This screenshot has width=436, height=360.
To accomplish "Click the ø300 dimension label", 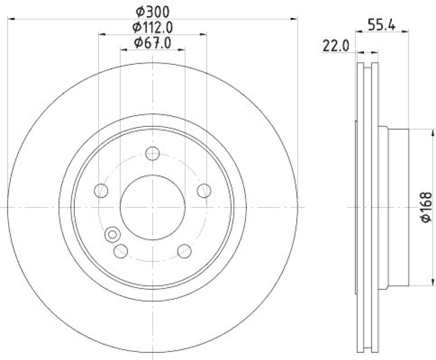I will [x=153, y=10].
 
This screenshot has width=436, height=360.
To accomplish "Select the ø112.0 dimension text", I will [x=153, y=26].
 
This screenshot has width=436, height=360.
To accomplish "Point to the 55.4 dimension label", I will [x=381, y=25].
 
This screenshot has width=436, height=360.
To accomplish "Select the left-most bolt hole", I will [x=101, y=191].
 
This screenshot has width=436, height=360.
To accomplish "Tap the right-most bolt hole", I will [x=204, y=191].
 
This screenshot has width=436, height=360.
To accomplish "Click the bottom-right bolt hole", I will [x=184, y=251].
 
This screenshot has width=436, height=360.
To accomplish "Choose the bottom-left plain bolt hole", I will [x=121, y=251].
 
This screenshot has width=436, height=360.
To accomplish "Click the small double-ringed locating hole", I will [x=112, y=234].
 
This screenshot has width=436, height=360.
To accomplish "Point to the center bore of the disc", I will [x=153, y=208].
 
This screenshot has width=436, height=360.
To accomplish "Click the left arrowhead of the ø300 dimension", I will [x=10, y=20].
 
